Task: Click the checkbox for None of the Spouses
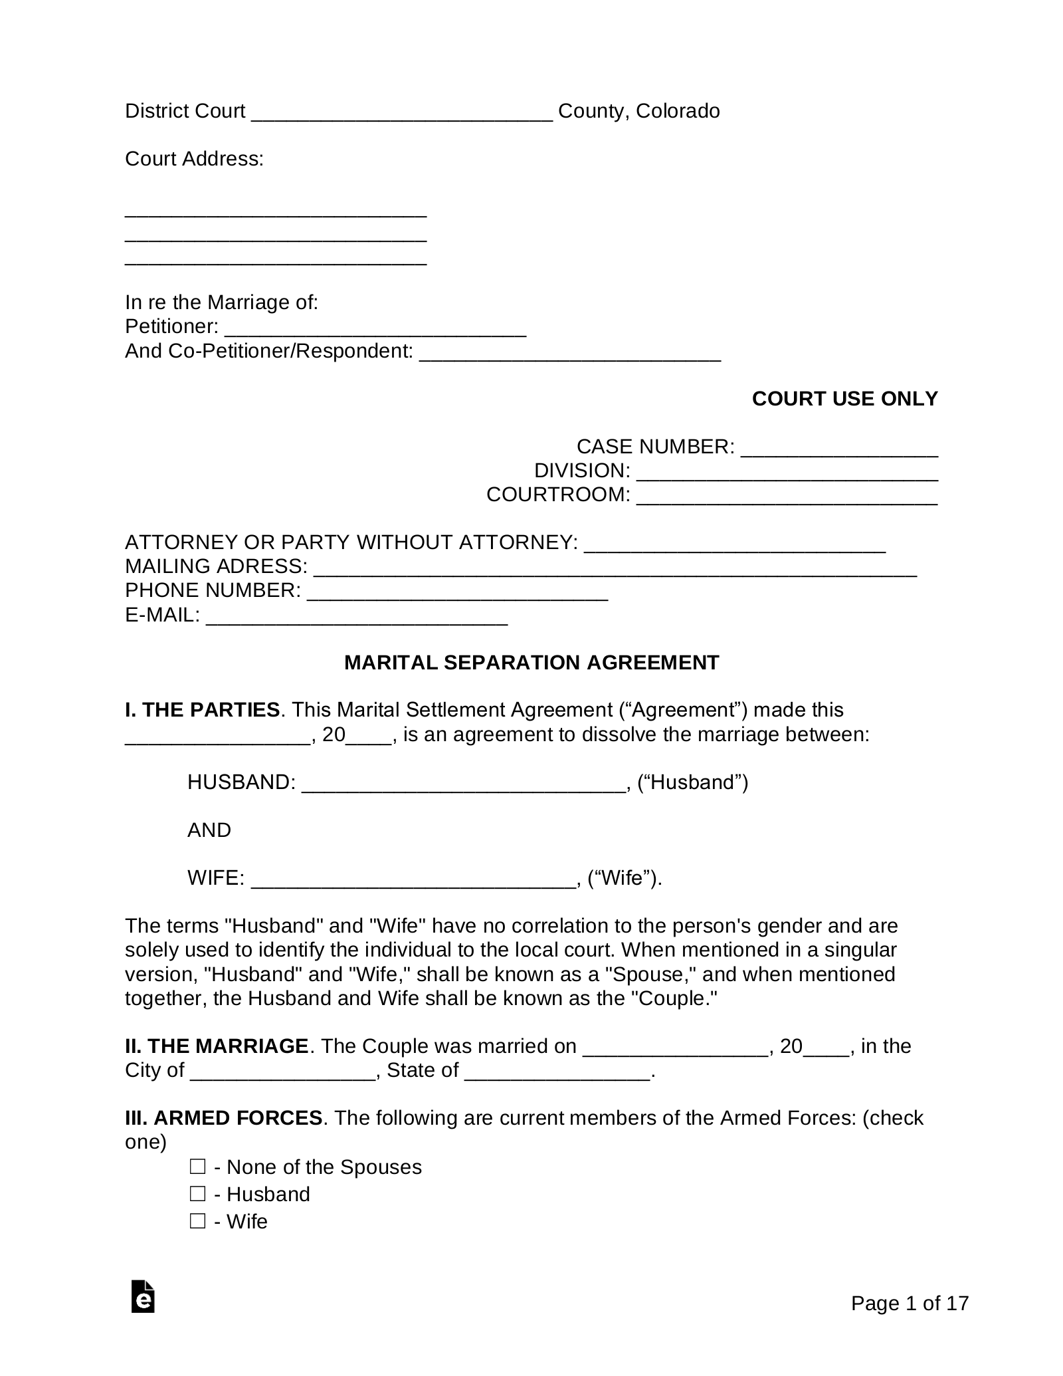coord(197,1167)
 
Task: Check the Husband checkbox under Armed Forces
coord(197,1194)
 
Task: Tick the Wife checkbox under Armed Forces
coord(197,1221)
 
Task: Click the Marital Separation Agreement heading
coord(531,663)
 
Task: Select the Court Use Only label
coord(844,399)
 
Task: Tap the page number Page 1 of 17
coord(910,1304)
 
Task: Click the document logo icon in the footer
coord(143,1296)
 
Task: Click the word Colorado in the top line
coord(678,111)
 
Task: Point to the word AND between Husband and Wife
coord(209,830)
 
